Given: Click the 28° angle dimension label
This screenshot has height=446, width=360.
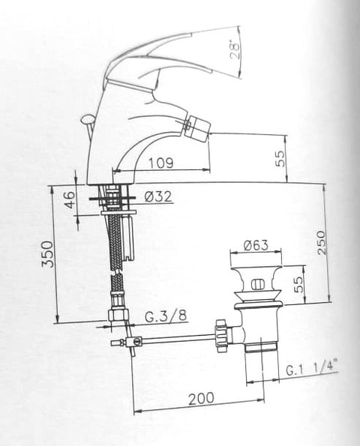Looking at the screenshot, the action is pyautogui.click(x=235, y=51).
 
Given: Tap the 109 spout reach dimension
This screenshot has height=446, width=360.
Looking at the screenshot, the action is pyautogui.click(x=161, y=163).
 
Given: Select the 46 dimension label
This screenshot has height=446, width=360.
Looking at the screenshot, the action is pyautogui.click(x=70, y=199).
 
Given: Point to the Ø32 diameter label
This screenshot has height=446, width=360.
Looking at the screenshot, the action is pyautogui.click(x=158, y=196).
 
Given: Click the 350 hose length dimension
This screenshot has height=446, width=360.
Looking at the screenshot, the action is pyautogui.click(x=47, y=254).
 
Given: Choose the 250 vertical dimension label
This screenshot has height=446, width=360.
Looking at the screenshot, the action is pyautogui.click(x=321, y=243).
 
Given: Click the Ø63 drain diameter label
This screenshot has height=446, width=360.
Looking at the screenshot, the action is pyautogui.click(x=256, y=245).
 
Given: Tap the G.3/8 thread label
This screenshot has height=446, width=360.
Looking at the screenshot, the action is pyautogui.click(x=166, y=316).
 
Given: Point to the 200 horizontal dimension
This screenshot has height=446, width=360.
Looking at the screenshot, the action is pyautogui.click(x=201, y=399).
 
